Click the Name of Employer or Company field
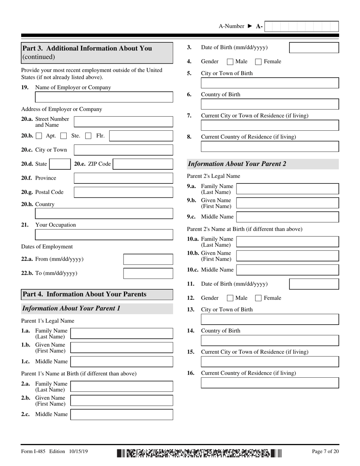click(104, 97)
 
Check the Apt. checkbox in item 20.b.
click(39, 136)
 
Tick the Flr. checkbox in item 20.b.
click(88, 136)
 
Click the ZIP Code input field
click(143, 164)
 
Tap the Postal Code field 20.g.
click(123, 192)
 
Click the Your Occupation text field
click(104, 235)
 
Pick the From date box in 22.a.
click(148, 259)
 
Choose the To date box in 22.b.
click(148, 273)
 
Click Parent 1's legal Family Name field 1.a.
click(122, 333)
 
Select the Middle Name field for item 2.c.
click(122, 414)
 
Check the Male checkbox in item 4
click(230, 62)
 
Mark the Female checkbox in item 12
click(258, 298)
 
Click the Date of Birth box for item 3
click(314, 47)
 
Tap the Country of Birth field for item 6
click(269, 104)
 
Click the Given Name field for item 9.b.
click(287, 203)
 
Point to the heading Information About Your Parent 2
click(237, 164)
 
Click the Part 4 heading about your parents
click(85, 294)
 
